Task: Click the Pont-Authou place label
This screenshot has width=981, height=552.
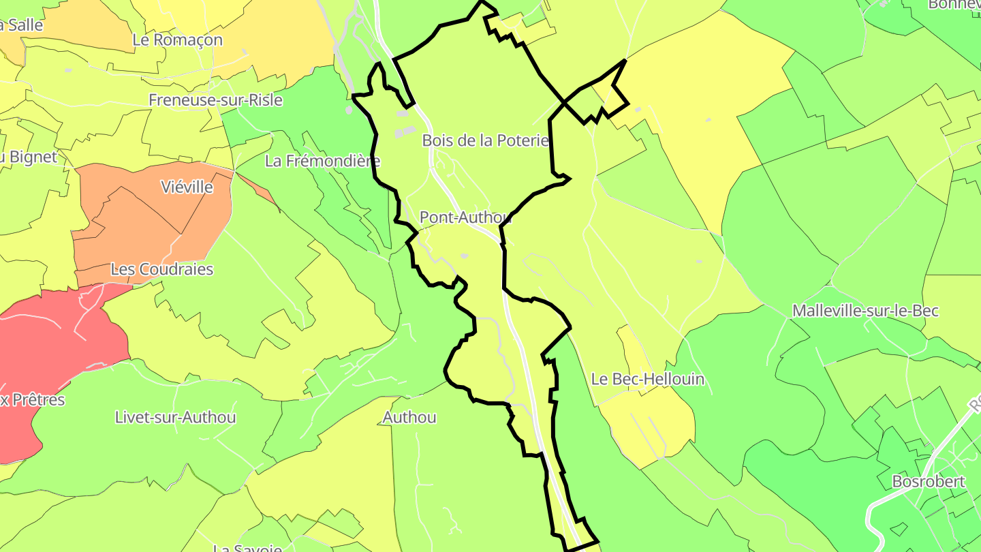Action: [x=465, y=217]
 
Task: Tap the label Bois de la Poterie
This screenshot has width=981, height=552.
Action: [x=485, y=140]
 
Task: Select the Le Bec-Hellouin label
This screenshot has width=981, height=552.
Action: [x=647, y=379]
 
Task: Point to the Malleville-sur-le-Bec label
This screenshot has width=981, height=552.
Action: [x=865, y=311]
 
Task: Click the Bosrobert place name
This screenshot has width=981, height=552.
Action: [x=929, y=482]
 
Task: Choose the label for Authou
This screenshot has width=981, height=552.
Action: [x=409, y=417]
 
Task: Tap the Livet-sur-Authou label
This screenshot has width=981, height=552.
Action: [x=176, y=417]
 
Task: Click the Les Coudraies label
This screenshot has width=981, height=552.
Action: [x=162, y=269]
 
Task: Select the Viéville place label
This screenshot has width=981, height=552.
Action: [x=187, y=187]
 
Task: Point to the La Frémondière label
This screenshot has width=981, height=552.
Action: [x=322, y=162]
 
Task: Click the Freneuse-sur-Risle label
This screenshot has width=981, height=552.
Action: [x=215, y=100]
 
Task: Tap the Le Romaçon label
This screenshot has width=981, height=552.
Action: [x=178, y=40]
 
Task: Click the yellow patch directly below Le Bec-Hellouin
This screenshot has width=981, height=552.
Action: [x=647, y=423]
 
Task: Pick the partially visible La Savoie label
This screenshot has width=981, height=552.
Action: [x=247, y=547]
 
